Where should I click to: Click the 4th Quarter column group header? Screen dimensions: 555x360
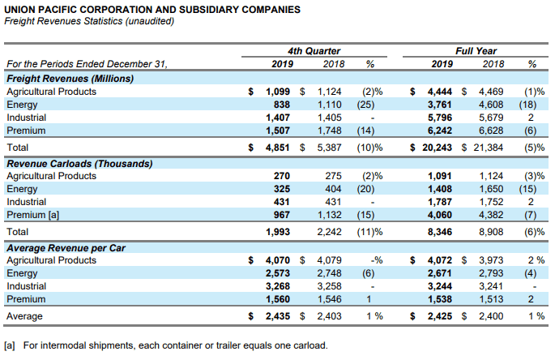[x=314, y=51]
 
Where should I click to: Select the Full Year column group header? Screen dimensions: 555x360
[x=476, y=51]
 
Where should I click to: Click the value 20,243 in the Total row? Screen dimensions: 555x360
[x=437, y=148]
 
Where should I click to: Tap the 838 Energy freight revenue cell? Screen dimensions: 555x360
[x=281, y=105]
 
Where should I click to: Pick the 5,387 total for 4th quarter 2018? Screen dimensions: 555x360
[x=329, y=148]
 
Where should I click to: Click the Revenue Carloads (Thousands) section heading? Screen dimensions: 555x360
[x=79, y=164]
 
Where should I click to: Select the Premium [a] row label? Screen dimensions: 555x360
[x=33, y=215]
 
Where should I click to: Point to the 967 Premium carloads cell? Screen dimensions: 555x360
[x=281, y=215]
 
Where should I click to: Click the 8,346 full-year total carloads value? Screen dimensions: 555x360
[x=440, y=232]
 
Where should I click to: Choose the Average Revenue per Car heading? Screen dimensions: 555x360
[x=66, y=248]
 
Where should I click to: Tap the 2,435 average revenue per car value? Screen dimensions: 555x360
[x=278, y=316]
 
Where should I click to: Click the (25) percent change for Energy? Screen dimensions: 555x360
[x=365, y=105]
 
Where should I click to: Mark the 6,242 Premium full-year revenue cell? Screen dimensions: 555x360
[x=440, y=131]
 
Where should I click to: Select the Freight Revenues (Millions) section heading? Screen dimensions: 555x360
[x=70, y=79]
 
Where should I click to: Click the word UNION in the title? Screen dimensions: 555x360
[x=19, y=10]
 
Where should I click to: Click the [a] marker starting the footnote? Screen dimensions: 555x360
[x=10, y=345]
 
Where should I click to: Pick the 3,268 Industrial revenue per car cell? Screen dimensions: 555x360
[x=278, y=286]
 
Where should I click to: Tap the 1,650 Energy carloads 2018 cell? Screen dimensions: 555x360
[x=491, y=189]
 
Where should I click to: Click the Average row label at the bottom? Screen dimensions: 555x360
[x=24, y=316]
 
